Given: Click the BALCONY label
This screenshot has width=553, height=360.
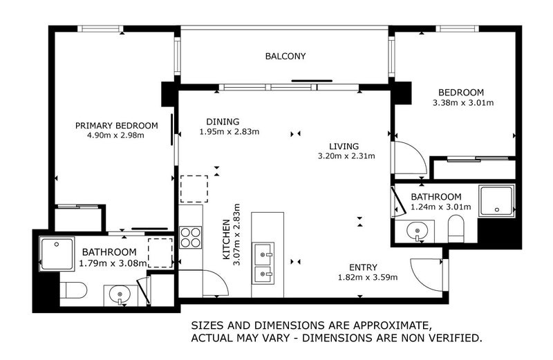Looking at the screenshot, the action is [285, 56].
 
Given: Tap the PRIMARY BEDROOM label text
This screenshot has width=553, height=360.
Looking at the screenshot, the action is [116, 126].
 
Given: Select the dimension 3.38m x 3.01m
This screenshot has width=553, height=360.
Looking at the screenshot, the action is [463, 103].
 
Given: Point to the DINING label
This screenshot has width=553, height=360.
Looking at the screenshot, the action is [223, 122].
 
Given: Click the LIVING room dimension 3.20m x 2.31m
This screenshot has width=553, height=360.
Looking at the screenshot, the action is [346, 156].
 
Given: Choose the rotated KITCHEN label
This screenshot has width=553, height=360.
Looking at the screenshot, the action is [226, 239].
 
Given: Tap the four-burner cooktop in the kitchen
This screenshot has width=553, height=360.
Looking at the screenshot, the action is [191, 237].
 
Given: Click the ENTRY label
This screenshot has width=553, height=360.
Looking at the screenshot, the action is [364, 267].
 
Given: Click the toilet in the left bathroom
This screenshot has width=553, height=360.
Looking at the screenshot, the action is [73, 290].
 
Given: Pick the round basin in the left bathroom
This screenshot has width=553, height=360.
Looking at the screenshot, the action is [120, 294].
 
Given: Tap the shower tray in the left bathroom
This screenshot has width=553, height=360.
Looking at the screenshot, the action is [57, 254].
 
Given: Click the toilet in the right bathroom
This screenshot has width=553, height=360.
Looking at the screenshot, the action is [456, 229].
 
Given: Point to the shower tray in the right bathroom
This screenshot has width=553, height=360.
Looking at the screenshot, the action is [496, 200].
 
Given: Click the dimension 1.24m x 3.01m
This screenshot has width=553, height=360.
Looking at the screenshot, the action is [441, 207].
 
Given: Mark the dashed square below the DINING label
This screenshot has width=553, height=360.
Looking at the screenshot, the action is [194, 189].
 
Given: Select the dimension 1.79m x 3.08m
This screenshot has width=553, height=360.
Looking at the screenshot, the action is [113, 263].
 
